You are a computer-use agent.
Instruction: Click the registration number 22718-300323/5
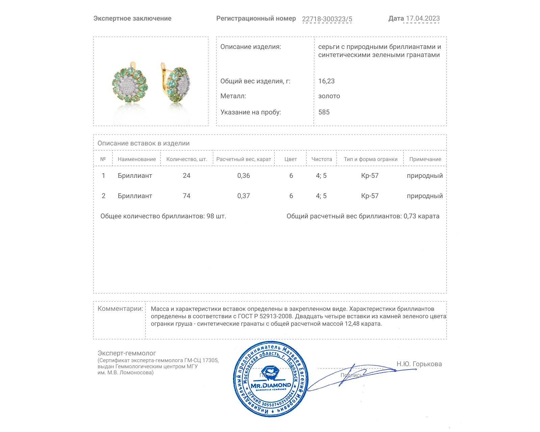click(327, 19)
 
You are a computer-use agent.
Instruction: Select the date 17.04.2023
click(423, 19)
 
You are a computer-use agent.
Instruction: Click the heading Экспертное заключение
click(132, 19)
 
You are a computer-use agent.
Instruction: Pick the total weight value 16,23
click(326, 81)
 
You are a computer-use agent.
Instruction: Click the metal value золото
click(329, 96)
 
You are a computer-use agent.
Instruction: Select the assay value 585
click(324, 112)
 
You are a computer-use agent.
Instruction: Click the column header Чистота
click(322, 159)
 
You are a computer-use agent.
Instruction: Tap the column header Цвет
click(291, 159)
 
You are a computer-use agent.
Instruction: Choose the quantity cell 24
click(187, 175)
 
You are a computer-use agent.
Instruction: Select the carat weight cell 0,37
click(244, 196)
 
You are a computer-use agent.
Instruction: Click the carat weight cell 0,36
click(244, 175)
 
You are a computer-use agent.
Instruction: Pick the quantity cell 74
click(187, 196)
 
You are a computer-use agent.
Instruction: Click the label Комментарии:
click(120, 308)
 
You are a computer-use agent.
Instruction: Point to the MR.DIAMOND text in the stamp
click(271, 385)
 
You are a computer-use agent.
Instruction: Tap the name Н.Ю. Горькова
click(419, 364)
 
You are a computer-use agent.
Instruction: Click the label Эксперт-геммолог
click(127, 353)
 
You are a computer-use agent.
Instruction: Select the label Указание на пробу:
click(250, 112)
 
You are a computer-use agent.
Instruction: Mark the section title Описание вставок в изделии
click(143, 143)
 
